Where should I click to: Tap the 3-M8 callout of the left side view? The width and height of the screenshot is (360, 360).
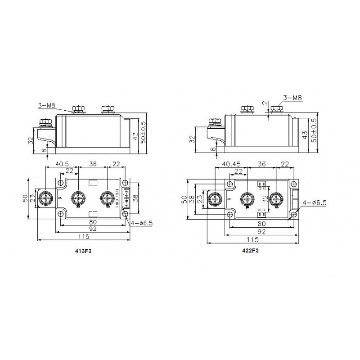coord(46,105)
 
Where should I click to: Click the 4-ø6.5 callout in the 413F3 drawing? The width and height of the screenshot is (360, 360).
coord(141,223)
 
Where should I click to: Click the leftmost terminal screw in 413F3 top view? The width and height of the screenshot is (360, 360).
coord(46,198)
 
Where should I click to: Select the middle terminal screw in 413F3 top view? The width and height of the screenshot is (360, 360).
coord(79,198)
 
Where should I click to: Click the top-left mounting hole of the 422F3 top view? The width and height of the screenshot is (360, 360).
coord(230,184)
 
